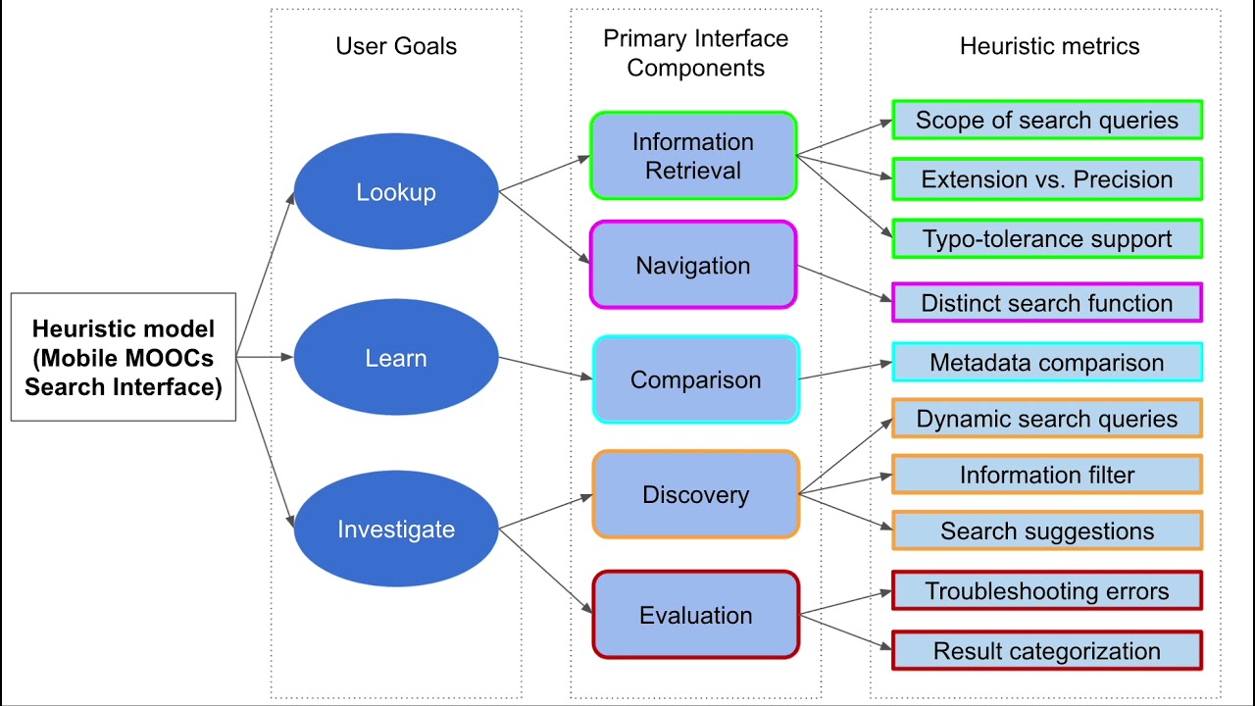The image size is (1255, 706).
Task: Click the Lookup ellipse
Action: (396, 191)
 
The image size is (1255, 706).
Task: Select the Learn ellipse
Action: (396, 357)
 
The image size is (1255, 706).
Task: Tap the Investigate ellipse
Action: (396, 529)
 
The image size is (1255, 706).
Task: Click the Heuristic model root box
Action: (124, 357)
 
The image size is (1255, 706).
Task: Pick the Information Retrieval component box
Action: (693, 155)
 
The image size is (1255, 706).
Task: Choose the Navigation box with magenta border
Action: (693, 265)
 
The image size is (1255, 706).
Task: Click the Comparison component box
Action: (696, 379)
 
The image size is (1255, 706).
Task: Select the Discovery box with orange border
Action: (696, 494)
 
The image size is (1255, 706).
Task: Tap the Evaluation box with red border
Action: (696, 615)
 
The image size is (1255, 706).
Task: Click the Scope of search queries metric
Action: (1047, 120)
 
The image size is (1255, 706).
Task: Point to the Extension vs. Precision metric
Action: (1047, 179)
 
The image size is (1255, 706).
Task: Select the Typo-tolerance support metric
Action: (1047, 238)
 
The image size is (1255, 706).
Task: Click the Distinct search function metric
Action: (1047, 303)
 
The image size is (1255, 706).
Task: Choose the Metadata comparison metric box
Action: (1047, 362)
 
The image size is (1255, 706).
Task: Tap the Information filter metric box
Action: (1047, 475)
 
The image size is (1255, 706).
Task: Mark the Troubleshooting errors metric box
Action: (1047, 590)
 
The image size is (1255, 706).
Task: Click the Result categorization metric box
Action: (1047, 650)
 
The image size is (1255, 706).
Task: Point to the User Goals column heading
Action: (396, 46)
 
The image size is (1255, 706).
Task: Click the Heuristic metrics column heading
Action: (1049, 46)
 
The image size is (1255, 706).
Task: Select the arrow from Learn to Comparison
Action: (546, 368)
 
